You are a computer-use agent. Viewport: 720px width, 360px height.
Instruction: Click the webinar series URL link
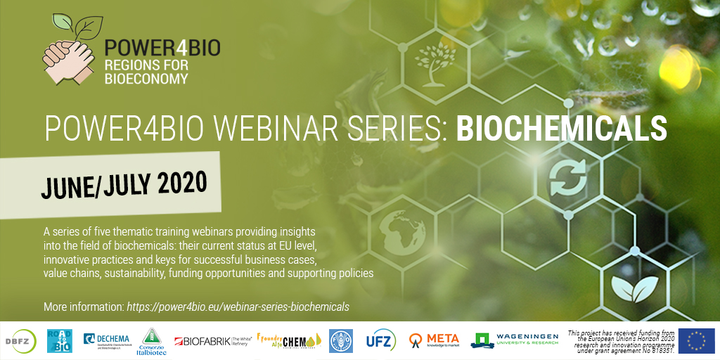(238, 307)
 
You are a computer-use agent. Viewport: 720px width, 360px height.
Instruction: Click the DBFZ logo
(24, 340)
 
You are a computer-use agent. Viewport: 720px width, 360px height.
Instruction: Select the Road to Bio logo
(60, 340)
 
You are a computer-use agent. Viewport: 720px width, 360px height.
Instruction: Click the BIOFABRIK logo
(211, 340)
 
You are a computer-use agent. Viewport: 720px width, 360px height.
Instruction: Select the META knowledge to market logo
(434, 340)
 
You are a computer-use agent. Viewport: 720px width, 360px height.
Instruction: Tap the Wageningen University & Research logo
(515, 340)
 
